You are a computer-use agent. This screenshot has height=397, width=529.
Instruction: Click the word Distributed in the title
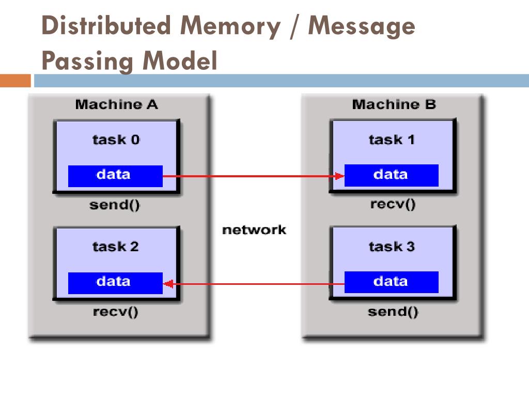point(106,26)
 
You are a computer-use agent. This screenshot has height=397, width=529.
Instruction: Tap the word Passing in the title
point(87,61)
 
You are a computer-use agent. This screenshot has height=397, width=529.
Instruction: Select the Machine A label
point(116,104)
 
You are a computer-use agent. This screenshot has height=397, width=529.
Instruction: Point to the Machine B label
point(394,104)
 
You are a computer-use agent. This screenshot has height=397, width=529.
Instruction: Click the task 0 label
point(116,140)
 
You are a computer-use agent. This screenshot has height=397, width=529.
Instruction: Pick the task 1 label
point(392,140)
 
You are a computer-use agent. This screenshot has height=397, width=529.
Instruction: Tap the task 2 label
point(115,247)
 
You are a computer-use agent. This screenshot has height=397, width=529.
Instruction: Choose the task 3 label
point(392,247)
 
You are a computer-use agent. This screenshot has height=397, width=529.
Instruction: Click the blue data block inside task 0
point(115,176)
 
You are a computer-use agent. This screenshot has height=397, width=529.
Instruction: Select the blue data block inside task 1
point(392,175)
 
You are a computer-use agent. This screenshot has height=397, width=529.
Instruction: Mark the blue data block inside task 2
point(115,283)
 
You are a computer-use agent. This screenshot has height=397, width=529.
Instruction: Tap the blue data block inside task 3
point(392,282)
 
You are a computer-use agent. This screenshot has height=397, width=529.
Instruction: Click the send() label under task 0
point(115,205)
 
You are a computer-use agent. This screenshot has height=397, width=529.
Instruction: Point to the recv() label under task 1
point(393,204)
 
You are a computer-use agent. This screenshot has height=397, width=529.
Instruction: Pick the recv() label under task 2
point(115,312)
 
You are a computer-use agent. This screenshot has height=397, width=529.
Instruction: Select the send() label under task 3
point(393,311)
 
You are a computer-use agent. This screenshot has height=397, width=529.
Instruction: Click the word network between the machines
point(254,230)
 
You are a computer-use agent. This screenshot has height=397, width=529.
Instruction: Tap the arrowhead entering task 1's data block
point(339,176)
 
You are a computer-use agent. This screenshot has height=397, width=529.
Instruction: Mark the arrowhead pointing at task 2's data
point(168,284)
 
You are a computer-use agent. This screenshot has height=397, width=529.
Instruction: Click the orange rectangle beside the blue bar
point(15,81)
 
